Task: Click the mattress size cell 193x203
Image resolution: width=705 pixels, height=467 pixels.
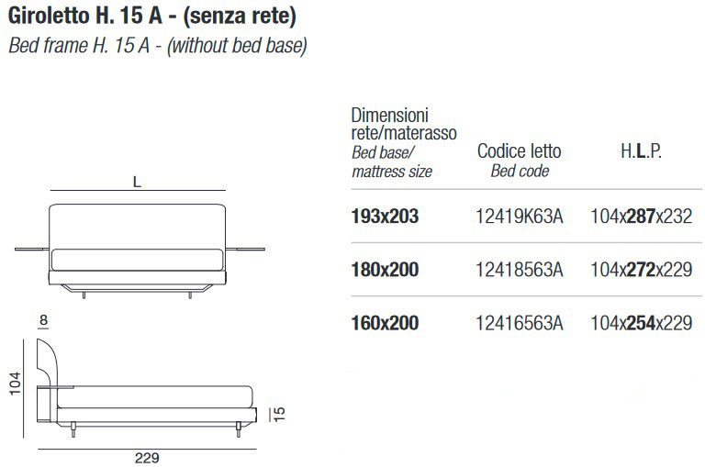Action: click(385, 217)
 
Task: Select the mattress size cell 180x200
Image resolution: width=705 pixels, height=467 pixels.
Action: click(385, 270)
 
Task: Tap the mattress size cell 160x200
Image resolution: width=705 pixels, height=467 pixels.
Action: click(385, 323)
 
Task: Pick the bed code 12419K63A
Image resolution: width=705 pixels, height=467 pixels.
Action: click(519, 217)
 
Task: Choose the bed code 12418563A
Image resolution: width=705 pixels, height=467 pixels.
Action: click(519, 270)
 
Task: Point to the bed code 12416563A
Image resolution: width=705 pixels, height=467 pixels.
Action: click(519, 323)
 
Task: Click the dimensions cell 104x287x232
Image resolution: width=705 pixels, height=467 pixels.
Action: click(641, 217)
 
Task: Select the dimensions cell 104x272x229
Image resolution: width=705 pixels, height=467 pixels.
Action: click(641, 270)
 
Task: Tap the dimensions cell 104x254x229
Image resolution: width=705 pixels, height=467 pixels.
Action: click(641, 323)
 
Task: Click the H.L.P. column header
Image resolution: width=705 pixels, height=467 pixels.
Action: click(641, 151)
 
